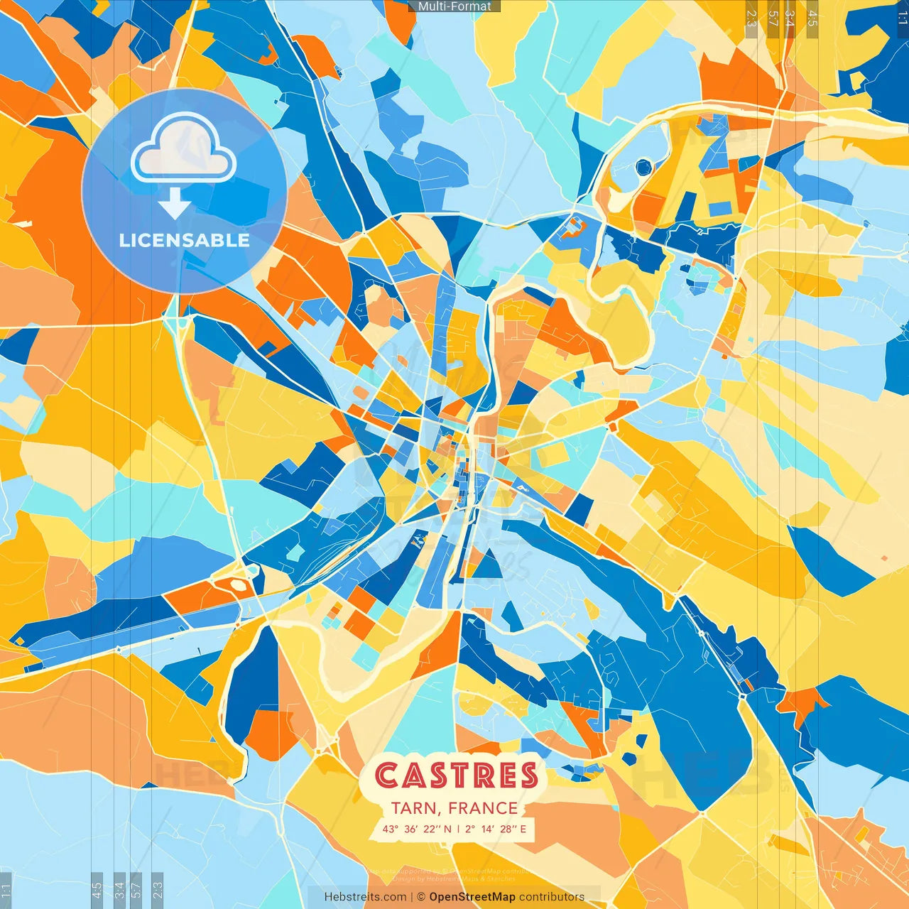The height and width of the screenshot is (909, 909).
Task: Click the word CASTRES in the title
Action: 456,775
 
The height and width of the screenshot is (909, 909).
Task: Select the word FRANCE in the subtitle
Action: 483,808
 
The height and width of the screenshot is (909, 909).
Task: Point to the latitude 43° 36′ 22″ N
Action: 417,829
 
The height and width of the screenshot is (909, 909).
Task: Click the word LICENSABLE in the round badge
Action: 185,240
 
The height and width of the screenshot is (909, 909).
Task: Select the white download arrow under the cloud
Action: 174,205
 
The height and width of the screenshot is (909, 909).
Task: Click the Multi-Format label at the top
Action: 454,6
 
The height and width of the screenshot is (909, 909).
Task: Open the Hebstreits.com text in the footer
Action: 365,897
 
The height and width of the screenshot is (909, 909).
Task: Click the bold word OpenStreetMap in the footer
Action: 472,897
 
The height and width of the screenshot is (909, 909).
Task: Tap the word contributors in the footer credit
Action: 552,897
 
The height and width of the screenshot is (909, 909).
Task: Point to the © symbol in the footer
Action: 421,897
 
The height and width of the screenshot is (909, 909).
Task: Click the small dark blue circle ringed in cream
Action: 643,168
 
